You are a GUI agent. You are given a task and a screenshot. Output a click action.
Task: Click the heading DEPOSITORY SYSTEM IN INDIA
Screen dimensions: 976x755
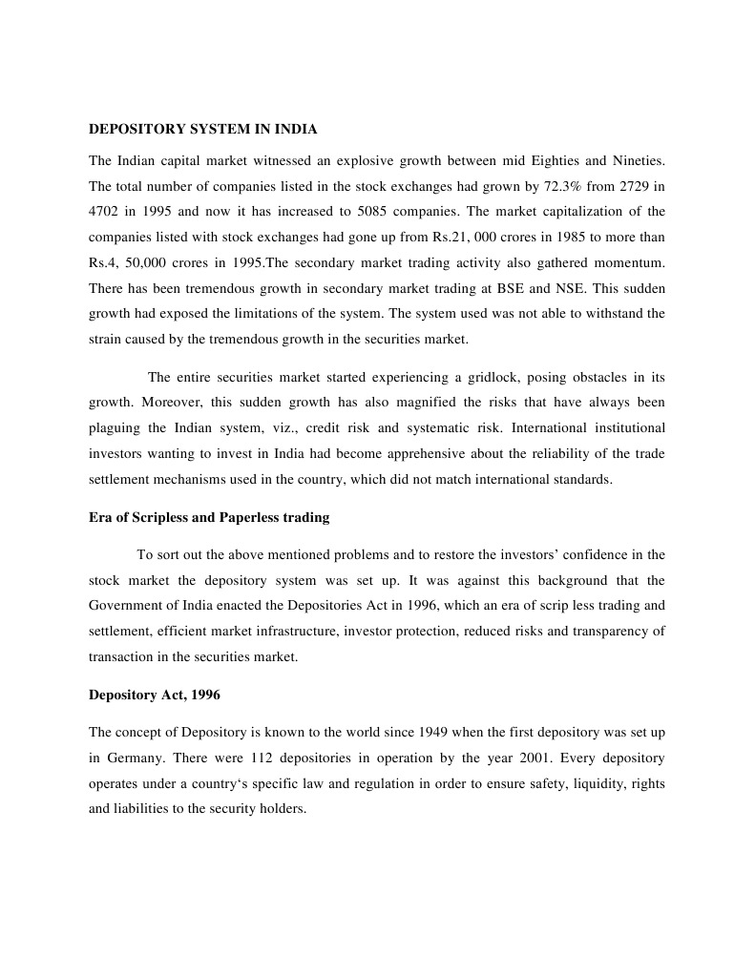202,128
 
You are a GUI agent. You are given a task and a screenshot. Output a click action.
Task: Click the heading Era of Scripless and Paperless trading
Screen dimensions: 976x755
209,517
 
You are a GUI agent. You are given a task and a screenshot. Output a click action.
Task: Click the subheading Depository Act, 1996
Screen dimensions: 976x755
155,695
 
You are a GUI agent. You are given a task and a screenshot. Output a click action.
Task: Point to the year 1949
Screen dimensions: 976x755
434,732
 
